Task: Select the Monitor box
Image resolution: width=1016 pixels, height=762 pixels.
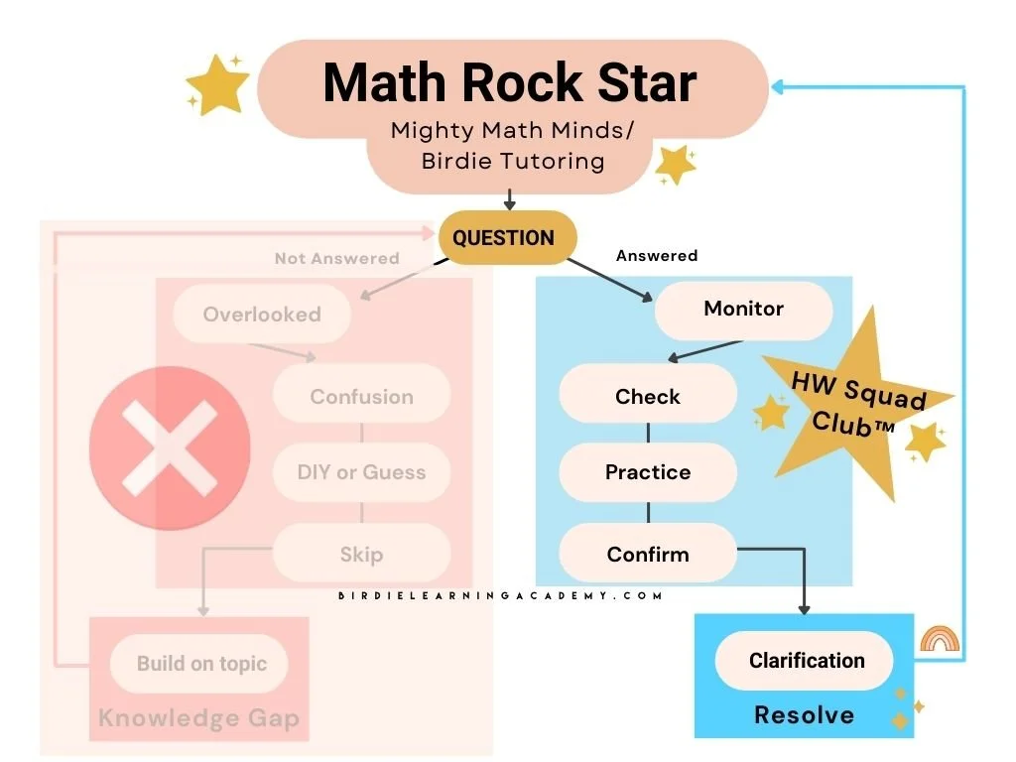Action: [743, 310]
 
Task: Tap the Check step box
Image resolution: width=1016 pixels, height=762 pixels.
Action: [647, 397]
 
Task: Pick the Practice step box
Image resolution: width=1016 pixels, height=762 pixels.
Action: [647, 472]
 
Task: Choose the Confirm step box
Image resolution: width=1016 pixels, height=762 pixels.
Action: [647, 555]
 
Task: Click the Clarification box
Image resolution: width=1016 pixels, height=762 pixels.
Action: [806, 661]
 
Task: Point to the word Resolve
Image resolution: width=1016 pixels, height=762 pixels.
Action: [804, 714]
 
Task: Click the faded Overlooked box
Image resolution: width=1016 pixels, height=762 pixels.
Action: [262, 315]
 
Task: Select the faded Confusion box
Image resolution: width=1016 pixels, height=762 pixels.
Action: [361, 397]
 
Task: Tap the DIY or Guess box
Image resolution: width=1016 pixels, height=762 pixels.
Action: [361, 472]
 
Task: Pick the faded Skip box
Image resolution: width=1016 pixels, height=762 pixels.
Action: [361, 555]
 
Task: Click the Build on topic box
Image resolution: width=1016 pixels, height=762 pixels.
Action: [201, 664]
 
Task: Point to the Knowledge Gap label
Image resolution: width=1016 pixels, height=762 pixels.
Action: [199, 717]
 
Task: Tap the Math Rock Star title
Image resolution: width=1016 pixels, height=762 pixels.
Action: [510, 82]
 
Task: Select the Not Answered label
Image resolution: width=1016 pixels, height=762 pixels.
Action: [336, 259]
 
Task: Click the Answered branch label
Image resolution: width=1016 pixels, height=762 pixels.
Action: [657, 256]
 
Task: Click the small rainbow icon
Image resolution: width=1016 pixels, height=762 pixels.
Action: [939, 639]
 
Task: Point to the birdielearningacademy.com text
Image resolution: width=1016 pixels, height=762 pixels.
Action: [500, 595]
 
